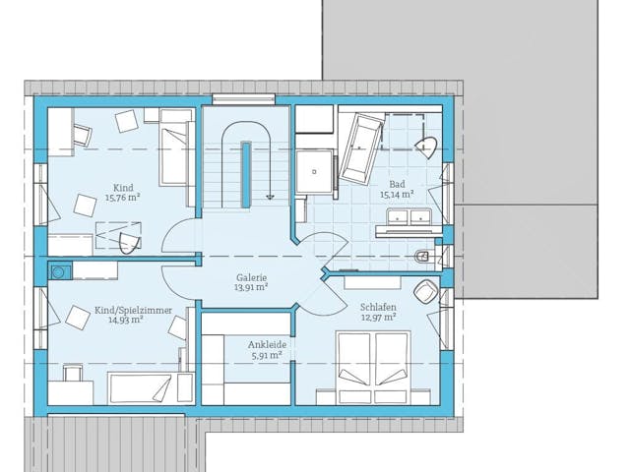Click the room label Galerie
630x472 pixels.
pos(251,277)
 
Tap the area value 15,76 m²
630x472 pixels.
pos(122,198)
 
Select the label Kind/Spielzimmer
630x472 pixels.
pos(133,311)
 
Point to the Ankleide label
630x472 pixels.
pos(267,345)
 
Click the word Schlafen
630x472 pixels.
pos(378,308)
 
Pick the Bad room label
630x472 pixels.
pos(397,185)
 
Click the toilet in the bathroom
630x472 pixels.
pos(423,256)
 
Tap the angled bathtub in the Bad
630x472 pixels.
pos(361,148)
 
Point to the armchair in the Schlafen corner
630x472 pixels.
pos(426,291)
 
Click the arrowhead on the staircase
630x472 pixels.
pos(271,197)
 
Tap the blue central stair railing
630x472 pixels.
pos(246,175)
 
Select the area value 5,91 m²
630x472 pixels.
pos(267,355)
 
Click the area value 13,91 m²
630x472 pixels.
pos(251,287)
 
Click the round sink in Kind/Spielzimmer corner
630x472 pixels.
pos(59,271)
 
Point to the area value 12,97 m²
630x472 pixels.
pos(378,318)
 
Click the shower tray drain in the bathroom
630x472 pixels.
pos(315,172)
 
